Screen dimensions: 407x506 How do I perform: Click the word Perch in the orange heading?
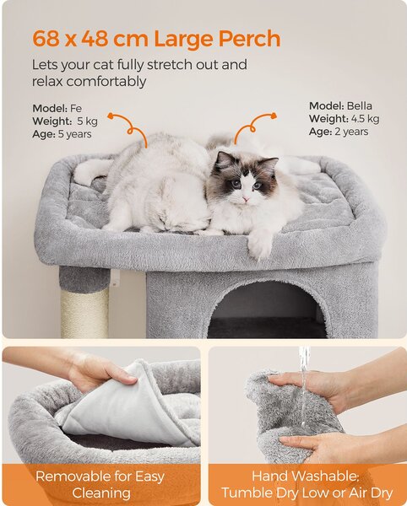coord(249,39)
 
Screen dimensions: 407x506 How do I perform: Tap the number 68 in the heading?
coord(46,39)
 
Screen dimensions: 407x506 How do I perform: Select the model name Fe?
coord(76,108)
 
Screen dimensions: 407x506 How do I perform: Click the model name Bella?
coord(359,106)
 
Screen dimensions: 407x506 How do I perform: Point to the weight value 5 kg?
coord(87,121)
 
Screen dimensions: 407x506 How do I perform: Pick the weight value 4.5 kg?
coord(365,119)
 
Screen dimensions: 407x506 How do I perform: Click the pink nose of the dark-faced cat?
coord(246,199)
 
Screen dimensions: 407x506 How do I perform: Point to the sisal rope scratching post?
coord(84,313)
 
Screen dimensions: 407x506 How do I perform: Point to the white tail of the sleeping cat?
coord(90,172)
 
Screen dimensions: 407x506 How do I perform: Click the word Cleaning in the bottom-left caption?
coord(101,493)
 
